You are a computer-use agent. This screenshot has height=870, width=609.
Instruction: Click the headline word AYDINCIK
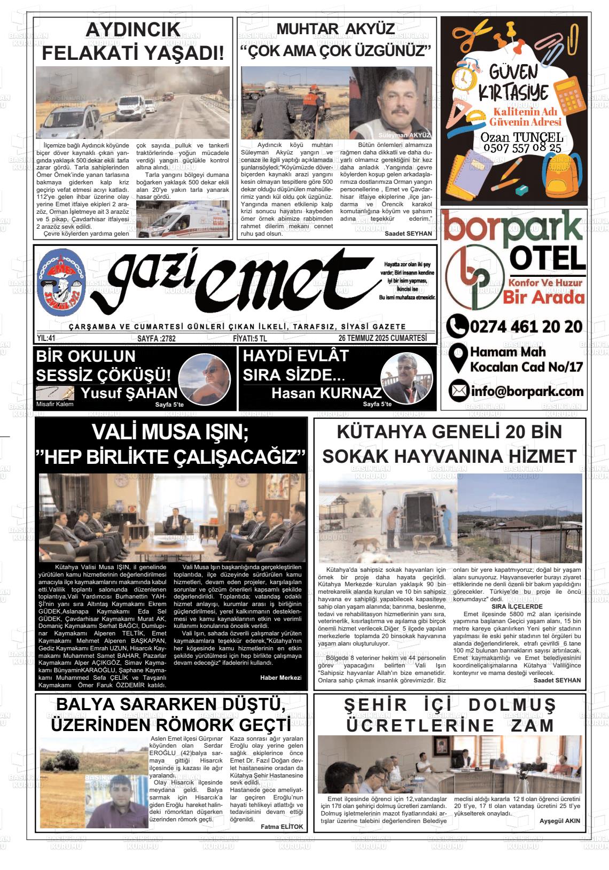[x=132, y=30]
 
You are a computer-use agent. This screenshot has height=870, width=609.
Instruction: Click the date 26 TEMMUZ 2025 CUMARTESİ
[x=382, y=338]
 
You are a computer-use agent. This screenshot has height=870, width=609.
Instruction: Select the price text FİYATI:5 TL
[x=250, y=338]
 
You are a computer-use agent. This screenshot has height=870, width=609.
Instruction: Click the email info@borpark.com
[x=526, y=392]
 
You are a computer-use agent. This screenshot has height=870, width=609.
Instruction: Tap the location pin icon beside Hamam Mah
[x=457, y=359]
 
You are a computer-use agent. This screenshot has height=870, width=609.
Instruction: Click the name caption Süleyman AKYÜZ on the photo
[x=404, y=135]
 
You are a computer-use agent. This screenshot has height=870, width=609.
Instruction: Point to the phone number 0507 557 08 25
[x=521, y=148]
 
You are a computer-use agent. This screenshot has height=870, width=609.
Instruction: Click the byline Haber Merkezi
[x=280, y=678]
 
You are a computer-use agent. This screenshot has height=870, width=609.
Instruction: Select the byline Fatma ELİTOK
[x=282, y=827]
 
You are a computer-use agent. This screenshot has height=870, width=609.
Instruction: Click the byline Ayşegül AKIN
[x=559, y=821]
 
